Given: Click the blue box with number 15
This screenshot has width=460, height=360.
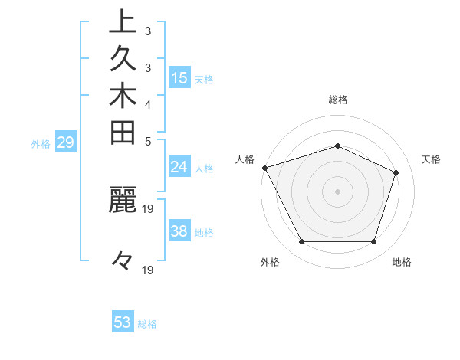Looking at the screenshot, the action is [x=179, y=77].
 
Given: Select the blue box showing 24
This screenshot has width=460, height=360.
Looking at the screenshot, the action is [x=179, y=168].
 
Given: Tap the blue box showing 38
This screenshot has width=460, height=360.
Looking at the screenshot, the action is [x=179, y=231].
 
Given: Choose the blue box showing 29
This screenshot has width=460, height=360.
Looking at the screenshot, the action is [x=67, y=142].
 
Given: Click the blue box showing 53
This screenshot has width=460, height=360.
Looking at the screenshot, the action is [x=123, y=322].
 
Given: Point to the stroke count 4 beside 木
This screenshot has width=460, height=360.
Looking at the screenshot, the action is [x=147, y=104].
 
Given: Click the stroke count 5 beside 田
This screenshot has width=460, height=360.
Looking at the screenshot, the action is [x=147, y=141].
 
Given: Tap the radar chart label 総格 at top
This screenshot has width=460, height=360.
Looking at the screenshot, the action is [x=337, y=100].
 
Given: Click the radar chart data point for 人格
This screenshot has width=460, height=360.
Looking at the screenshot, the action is [x=264, y=167].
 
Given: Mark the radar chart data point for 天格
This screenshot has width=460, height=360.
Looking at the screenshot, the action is [x=396, y=172].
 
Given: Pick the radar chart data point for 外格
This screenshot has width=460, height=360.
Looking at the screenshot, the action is [x=301, y=242].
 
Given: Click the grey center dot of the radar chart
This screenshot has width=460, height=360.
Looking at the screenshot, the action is [x=337, y=191].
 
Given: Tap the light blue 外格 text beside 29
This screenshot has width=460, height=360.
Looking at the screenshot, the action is [x=41, y=142].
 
